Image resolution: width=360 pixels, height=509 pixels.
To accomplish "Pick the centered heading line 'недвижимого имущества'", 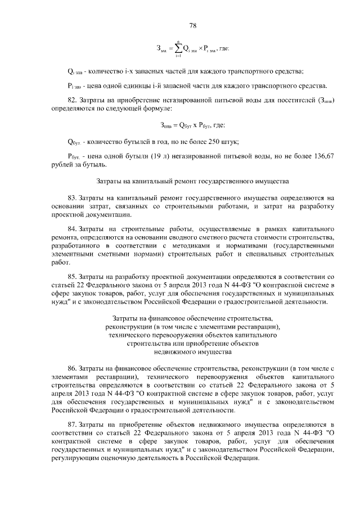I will (192, 352).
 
